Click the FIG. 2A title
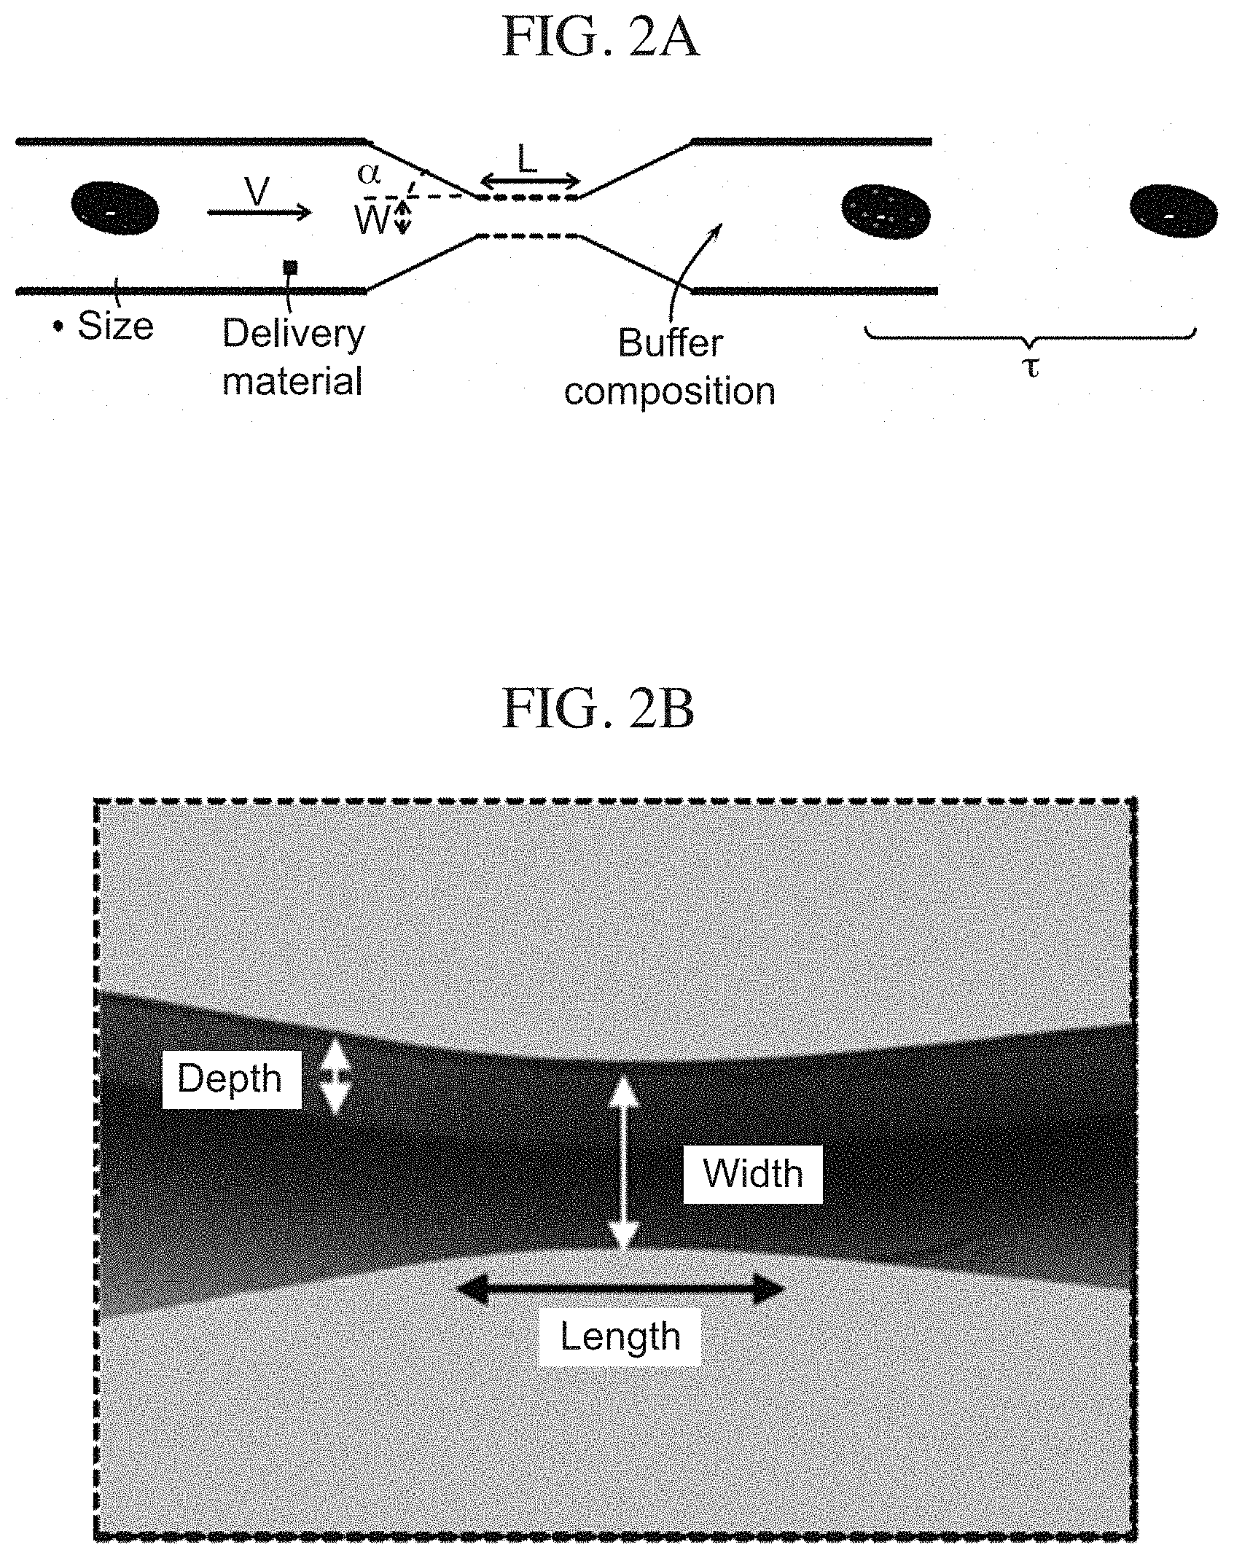[x=600, y=39]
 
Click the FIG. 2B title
[x=598, y=710]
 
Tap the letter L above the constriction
[x=526, y=159]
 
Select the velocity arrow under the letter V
[x=259, y=212]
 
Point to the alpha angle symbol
[x=369, y=174]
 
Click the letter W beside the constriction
[x=372, y=220]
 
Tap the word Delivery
[x=293, y=334]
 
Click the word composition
[x=669, y=391]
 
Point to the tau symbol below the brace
[x=1031, y=369]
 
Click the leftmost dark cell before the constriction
[x=114, y=208]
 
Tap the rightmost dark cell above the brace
[x=1173, y=210]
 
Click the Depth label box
[x=231, y=1079]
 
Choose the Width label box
[x=753, y=1174]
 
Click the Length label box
[x=620, y=1336]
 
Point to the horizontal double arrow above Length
[x=620, y=1289]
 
